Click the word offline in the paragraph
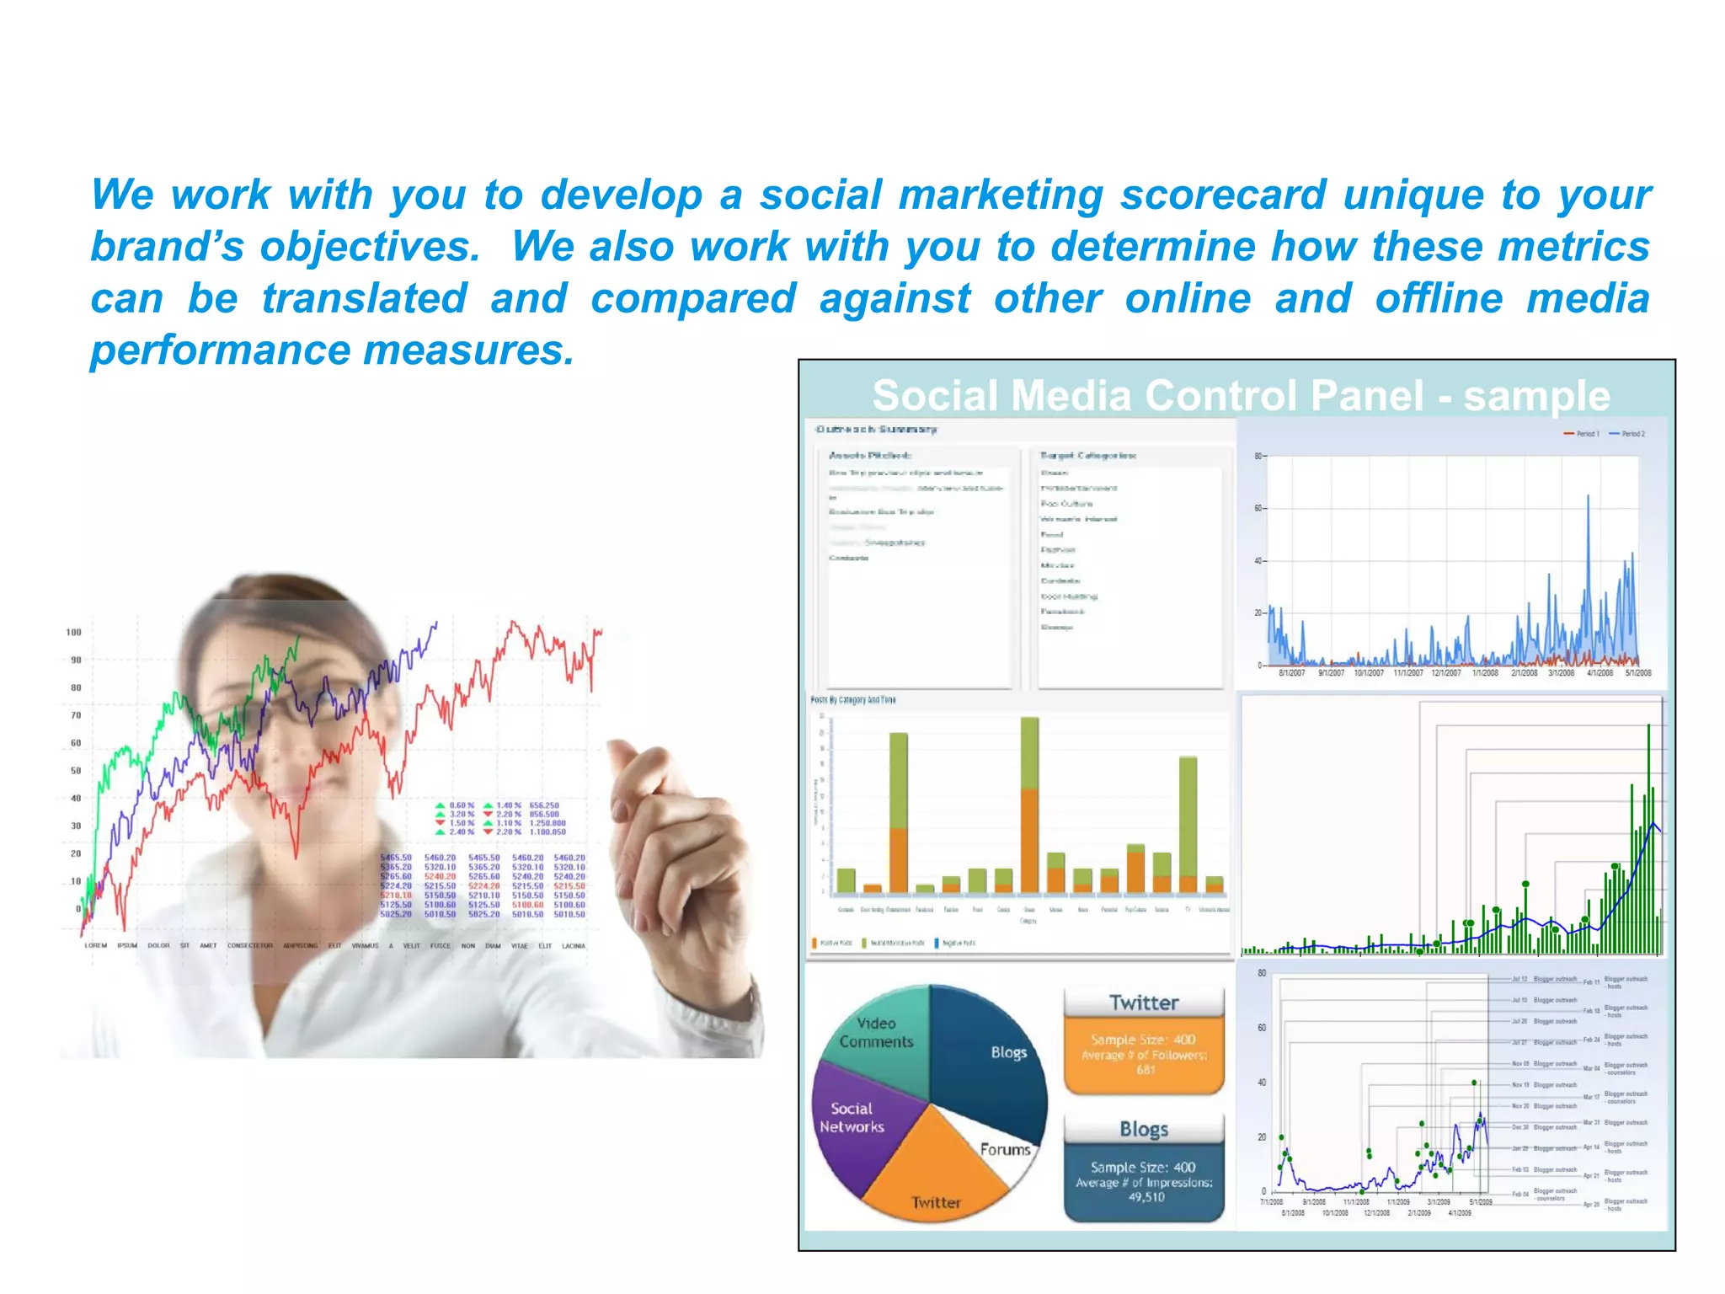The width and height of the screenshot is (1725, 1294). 1439,299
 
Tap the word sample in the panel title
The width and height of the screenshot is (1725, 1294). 1536,396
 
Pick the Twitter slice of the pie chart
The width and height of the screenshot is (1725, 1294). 935,1179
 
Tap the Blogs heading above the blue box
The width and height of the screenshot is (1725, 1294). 1144,1129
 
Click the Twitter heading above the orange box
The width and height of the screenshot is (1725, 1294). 1144,1003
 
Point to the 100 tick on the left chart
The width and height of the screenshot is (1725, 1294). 74,633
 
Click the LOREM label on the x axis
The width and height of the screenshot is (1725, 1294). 95,946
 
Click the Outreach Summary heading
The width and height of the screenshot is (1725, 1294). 876,430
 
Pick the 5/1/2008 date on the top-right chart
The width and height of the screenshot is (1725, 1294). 1637,673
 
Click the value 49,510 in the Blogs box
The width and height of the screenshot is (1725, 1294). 1146,1197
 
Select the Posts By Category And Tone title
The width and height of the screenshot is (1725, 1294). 853,700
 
